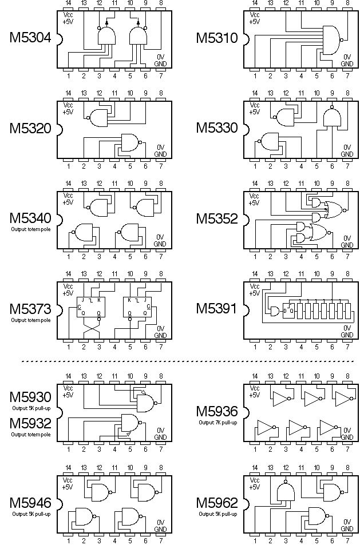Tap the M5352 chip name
point(217,218)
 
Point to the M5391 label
point(217,309)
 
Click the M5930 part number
point(30,397)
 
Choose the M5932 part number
point(30,424)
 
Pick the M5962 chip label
point(217,503)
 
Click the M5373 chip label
point(30,309)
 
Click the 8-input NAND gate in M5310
point(330,40)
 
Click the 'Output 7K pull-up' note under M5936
point(217,422)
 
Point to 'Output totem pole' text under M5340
point(30,229)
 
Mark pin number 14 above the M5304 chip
point(68,4)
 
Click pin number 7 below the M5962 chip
point(347,540)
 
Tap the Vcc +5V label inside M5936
point(255,391)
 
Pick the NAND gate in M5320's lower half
point(130,143)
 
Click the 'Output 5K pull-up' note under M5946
point(30,514)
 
